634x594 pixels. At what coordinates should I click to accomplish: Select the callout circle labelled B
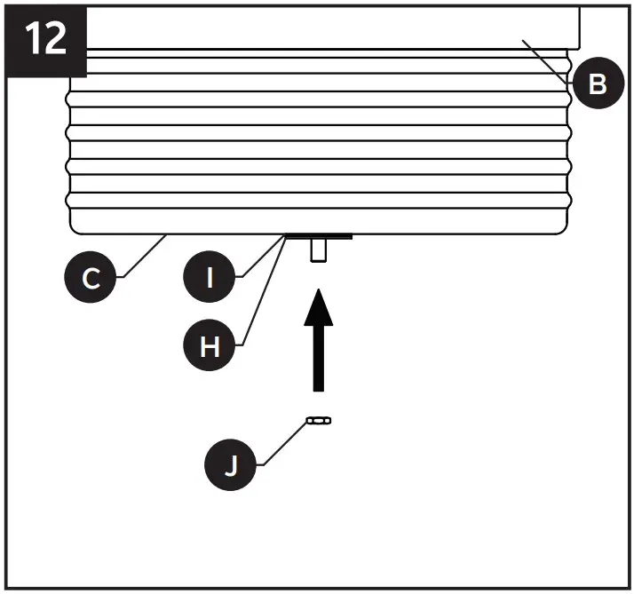pyautogui.click(x=597, y=83)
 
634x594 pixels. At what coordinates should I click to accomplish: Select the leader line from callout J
pyautogui.click(x=282, y=440)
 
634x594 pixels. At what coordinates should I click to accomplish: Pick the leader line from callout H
pyautogui.click(x=263, y=292)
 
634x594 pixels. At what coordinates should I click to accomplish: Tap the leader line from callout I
pyautogui.click(x=262, y=257)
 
